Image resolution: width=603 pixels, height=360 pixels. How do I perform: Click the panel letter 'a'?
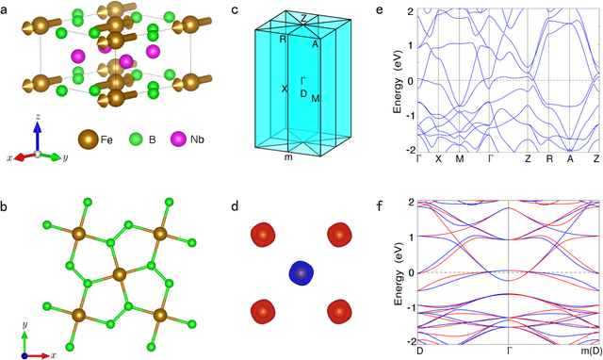point(8,8)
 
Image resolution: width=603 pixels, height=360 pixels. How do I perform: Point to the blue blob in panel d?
point(300,272)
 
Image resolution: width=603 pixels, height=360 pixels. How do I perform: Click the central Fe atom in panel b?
point(119,277)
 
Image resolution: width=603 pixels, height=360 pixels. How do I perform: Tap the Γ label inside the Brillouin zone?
point(302,81)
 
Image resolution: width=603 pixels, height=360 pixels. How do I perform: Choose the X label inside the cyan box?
point(284,90)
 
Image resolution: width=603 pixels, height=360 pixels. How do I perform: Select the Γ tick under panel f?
point(509,351)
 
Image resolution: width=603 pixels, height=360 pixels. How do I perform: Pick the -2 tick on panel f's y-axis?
point(409,340)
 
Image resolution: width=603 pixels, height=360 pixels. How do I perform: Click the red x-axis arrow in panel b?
point(38,355)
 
